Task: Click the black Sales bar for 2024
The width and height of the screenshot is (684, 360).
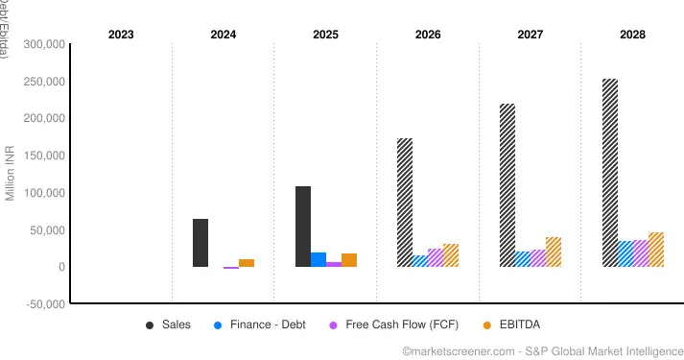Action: [x=200, y=243]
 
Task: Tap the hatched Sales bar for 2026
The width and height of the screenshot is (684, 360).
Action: [x=405, y=203]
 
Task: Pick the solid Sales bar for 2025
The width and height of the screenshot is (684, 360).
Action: [x=303, y=227]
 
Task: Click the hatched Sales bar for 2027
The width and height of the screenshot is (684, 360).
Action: [x=507, y=185]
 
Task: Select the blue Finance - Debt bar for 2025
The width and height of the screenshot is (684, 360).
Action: [x=318, y=259]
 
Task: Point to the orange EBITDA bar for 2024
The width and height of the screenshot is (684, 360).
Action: [x=247, y=263]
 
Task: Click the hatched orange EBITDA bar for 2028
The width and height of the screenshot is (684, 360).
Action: [x=656, y=250]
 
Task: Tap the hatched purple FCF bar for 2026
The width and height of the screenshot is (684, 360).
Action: [x=436, y=257]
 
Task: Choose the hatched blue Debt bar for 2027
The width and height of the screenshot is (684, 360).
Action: [x=523, y=259]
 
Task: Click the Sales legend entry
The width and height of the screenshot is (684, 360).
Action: [x=168, y=324]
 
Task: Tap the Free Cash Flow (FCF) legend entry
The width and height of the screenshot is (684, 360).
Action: [x=389, y=324]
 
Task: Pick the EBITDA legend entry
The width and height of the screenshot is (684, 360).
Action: [x=518, y=324]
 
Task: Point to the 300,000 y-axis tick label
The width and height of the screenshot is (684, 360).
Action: [x=41, y=44]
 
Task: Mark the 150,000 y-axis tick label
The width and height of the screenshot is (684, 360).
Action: [x=41, y=156]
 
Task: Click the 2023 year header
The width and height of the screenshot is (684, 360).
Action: [x=121, y=35]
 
